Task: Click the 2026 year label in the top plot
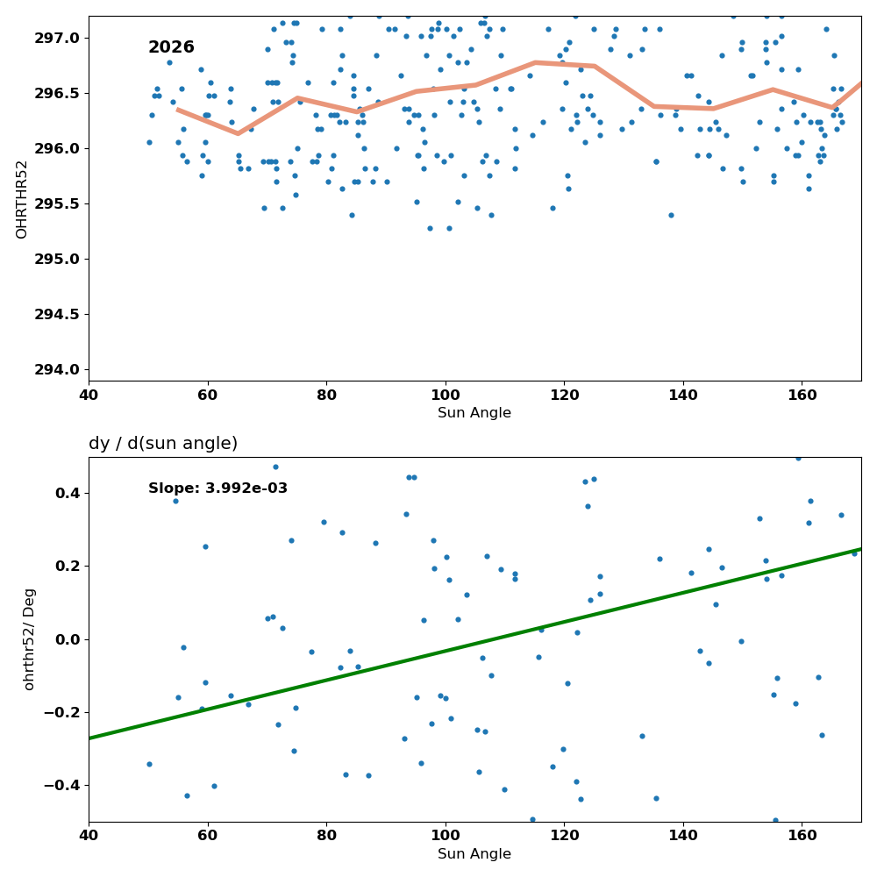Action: [x=171, y=47]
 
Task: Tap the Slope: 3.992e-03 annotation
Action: [x=217, y=488]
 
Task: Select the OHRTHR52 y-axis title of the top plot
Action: [x=21, y=200]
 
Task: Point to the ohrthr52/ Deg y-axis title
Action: [x=29, y=639]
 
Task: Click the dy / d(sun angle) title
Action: [x=163, y=444]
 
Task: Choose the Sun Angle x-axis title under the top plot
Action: [x=474, y=413]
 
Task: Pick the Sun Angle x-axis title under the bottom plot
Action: [x=474, y=854]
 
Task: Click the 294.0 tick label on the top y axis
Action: [x=57, y=370]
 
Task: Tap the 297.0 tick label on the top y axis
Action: [x=57, y=38]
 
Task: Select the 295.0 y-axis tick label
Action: [x=57, y=259]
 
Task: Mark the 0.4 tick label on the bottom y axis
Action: [x=68, y=493]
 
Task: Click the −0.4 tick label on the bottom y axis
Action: [x=62, y=786]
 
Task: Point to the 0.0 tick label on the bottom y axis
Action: [x=68, y=639]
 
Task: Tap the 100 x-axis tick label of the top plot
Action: [x=446, y=396]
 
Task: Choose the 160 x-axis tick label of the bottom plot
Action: [x=802, y=836]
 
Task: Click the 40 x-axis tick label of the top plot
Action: [x=89, y=396]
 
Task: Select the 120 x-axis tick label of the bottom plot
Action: [x=564, y=836]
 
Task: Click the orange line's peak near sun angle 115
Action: [x=535, y=62]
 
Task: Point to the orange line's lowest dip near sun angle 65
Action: [x=238, y=133]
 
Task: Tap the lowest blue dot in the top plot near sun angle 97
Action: [x=430, y=228]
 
